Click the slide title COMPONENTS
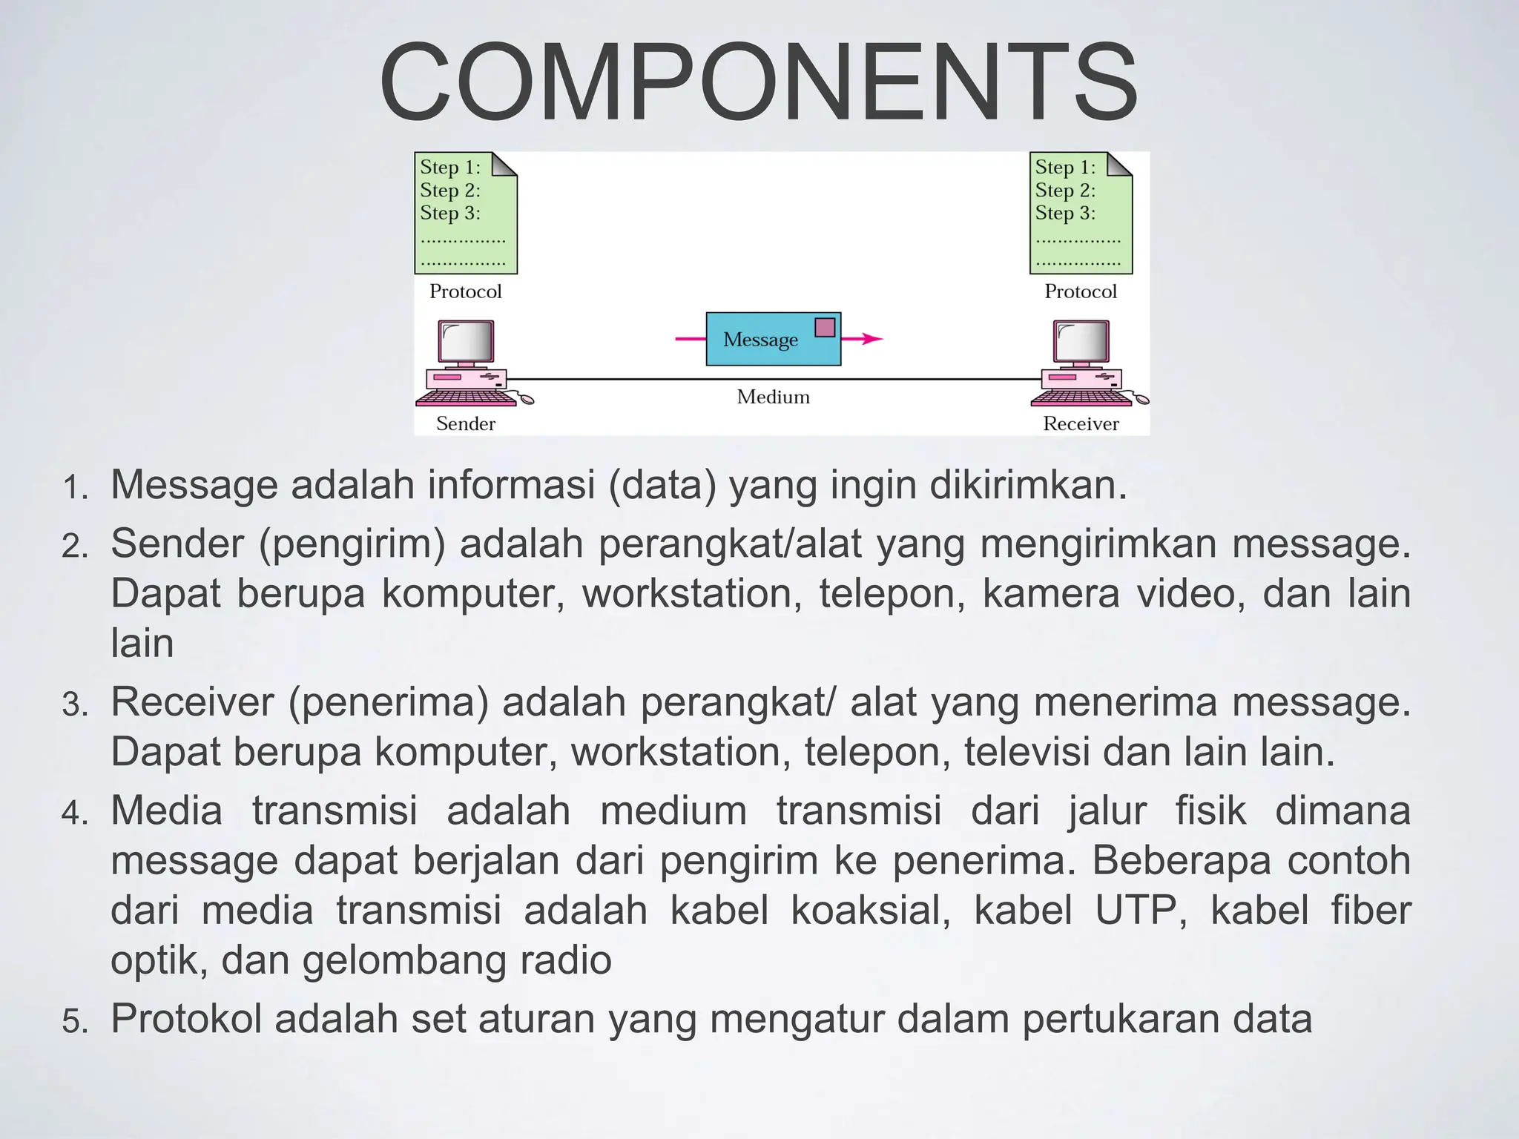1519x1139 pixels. pyautogui.click(x=758, y=82)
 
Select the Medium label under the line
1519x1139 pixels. pyautogui.click(x=773, y=397)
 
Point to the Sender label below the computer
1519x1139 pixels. pyautogui.click(x=465, y=423)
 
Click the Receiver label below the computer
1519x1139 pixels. pyautogui.click(x=1081, y=423)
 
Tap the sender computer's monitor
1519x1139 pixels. pyautogui.click(x=466, y=341)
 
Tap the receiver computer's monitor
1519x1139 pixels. pyautogui.click(x=1081, y=341)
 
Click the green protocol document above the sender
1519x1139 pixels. pyautogui.click(x=465, y=213)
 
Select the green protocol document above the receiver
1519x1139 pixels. pyautogui.click(x=1081, y=213)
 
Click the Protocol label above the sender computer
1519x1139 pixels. pyautogui.click(x=465, y=291)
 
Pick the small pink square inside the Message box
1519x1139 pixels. pyautogui.click(x=825, y=327)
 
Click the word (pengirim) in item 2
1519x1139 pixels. pyautogui.click(x=352, y=545)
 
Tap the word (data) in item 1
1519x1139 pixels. pyautogui.click(x=662, y=486)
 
